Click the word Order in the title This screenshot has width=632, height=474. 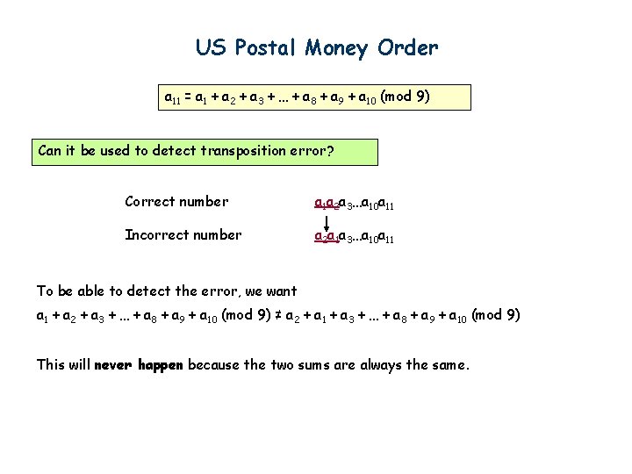click(x=407, y=47)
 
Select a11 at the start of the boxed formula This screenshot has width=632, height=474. click(x=174, y=97)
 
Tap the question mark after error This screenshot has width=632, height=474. click(x=330, y=150)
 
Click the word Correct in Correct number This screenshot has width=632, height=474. click(x=150, y=202)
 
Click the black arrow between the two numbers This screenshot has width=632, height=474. click(x=327, y=219)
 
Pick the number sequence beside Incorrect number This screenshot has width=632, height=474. click(x=355, y=236)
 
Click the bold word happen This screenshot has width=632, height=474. click(x=159, y=364)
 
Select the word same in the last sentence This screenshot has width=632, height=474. click(x=449, y=364)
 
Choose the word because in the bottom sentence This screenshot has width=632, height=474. click(x=216, y=364)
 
